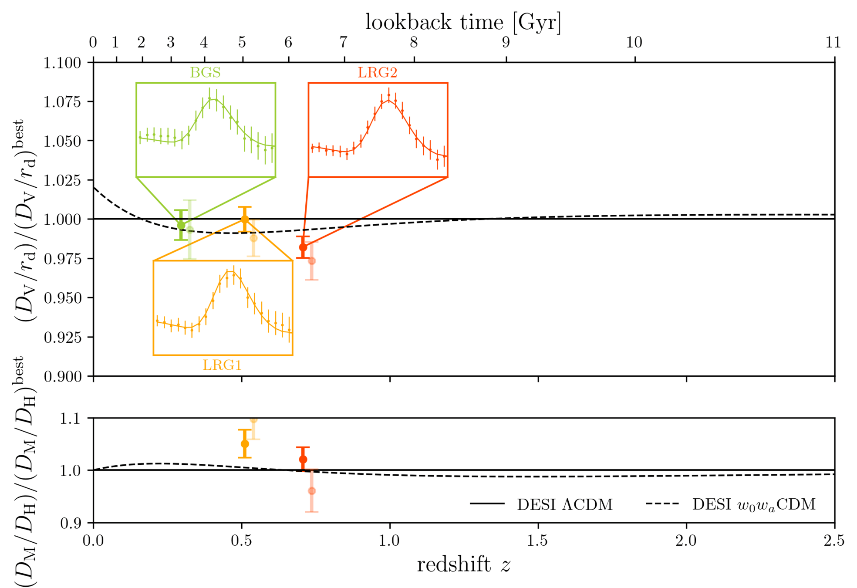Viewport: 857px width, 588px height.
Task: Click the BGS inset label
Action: pos(205,72)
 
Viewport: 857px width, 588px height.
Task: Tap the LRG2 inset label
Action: pos(378,72)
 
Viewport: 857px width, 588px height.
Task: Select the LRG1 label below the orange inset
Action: pos(222,365)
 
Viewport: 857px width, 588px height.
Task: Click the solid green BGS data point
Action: pos(181,225)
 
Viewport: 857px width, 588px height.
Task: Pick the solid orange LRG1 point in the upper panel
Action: pos(245,219)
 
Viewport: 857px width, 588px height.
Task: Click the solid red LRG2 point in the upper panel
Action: pos(303,247)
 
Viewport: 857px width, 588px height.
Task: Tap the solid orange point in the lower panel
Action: pos(245,444)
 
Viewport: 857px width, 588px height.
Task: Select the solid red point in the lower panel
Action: pos(303,460)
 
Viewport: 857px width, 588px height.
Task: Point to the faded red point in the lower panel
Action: pos(312,491)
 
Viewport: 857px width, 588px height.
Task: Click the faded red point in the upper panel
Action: pos(312,261)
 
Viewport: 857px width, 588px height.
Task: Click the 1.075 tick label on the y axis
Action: pos(62,102)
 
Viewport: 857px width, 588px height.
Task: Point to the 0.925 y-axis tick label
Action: pos(62,337)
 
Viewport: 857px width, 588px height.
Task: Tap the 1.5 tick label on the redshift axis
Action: pos(538,541)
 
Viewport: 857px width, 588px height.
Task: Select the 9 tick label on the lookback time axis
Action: pos(506,43)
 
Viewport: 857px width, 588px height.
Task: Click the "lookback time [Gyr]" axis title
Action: pos(463,22)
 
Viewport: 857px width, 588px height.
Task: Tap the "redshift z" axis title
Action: pos(463,565)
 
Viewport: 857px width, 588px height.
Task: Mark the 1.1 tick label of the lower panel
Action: pos(70,419)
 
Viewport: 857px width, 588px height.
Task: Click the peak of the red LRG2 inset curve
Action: pos(388,100)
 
